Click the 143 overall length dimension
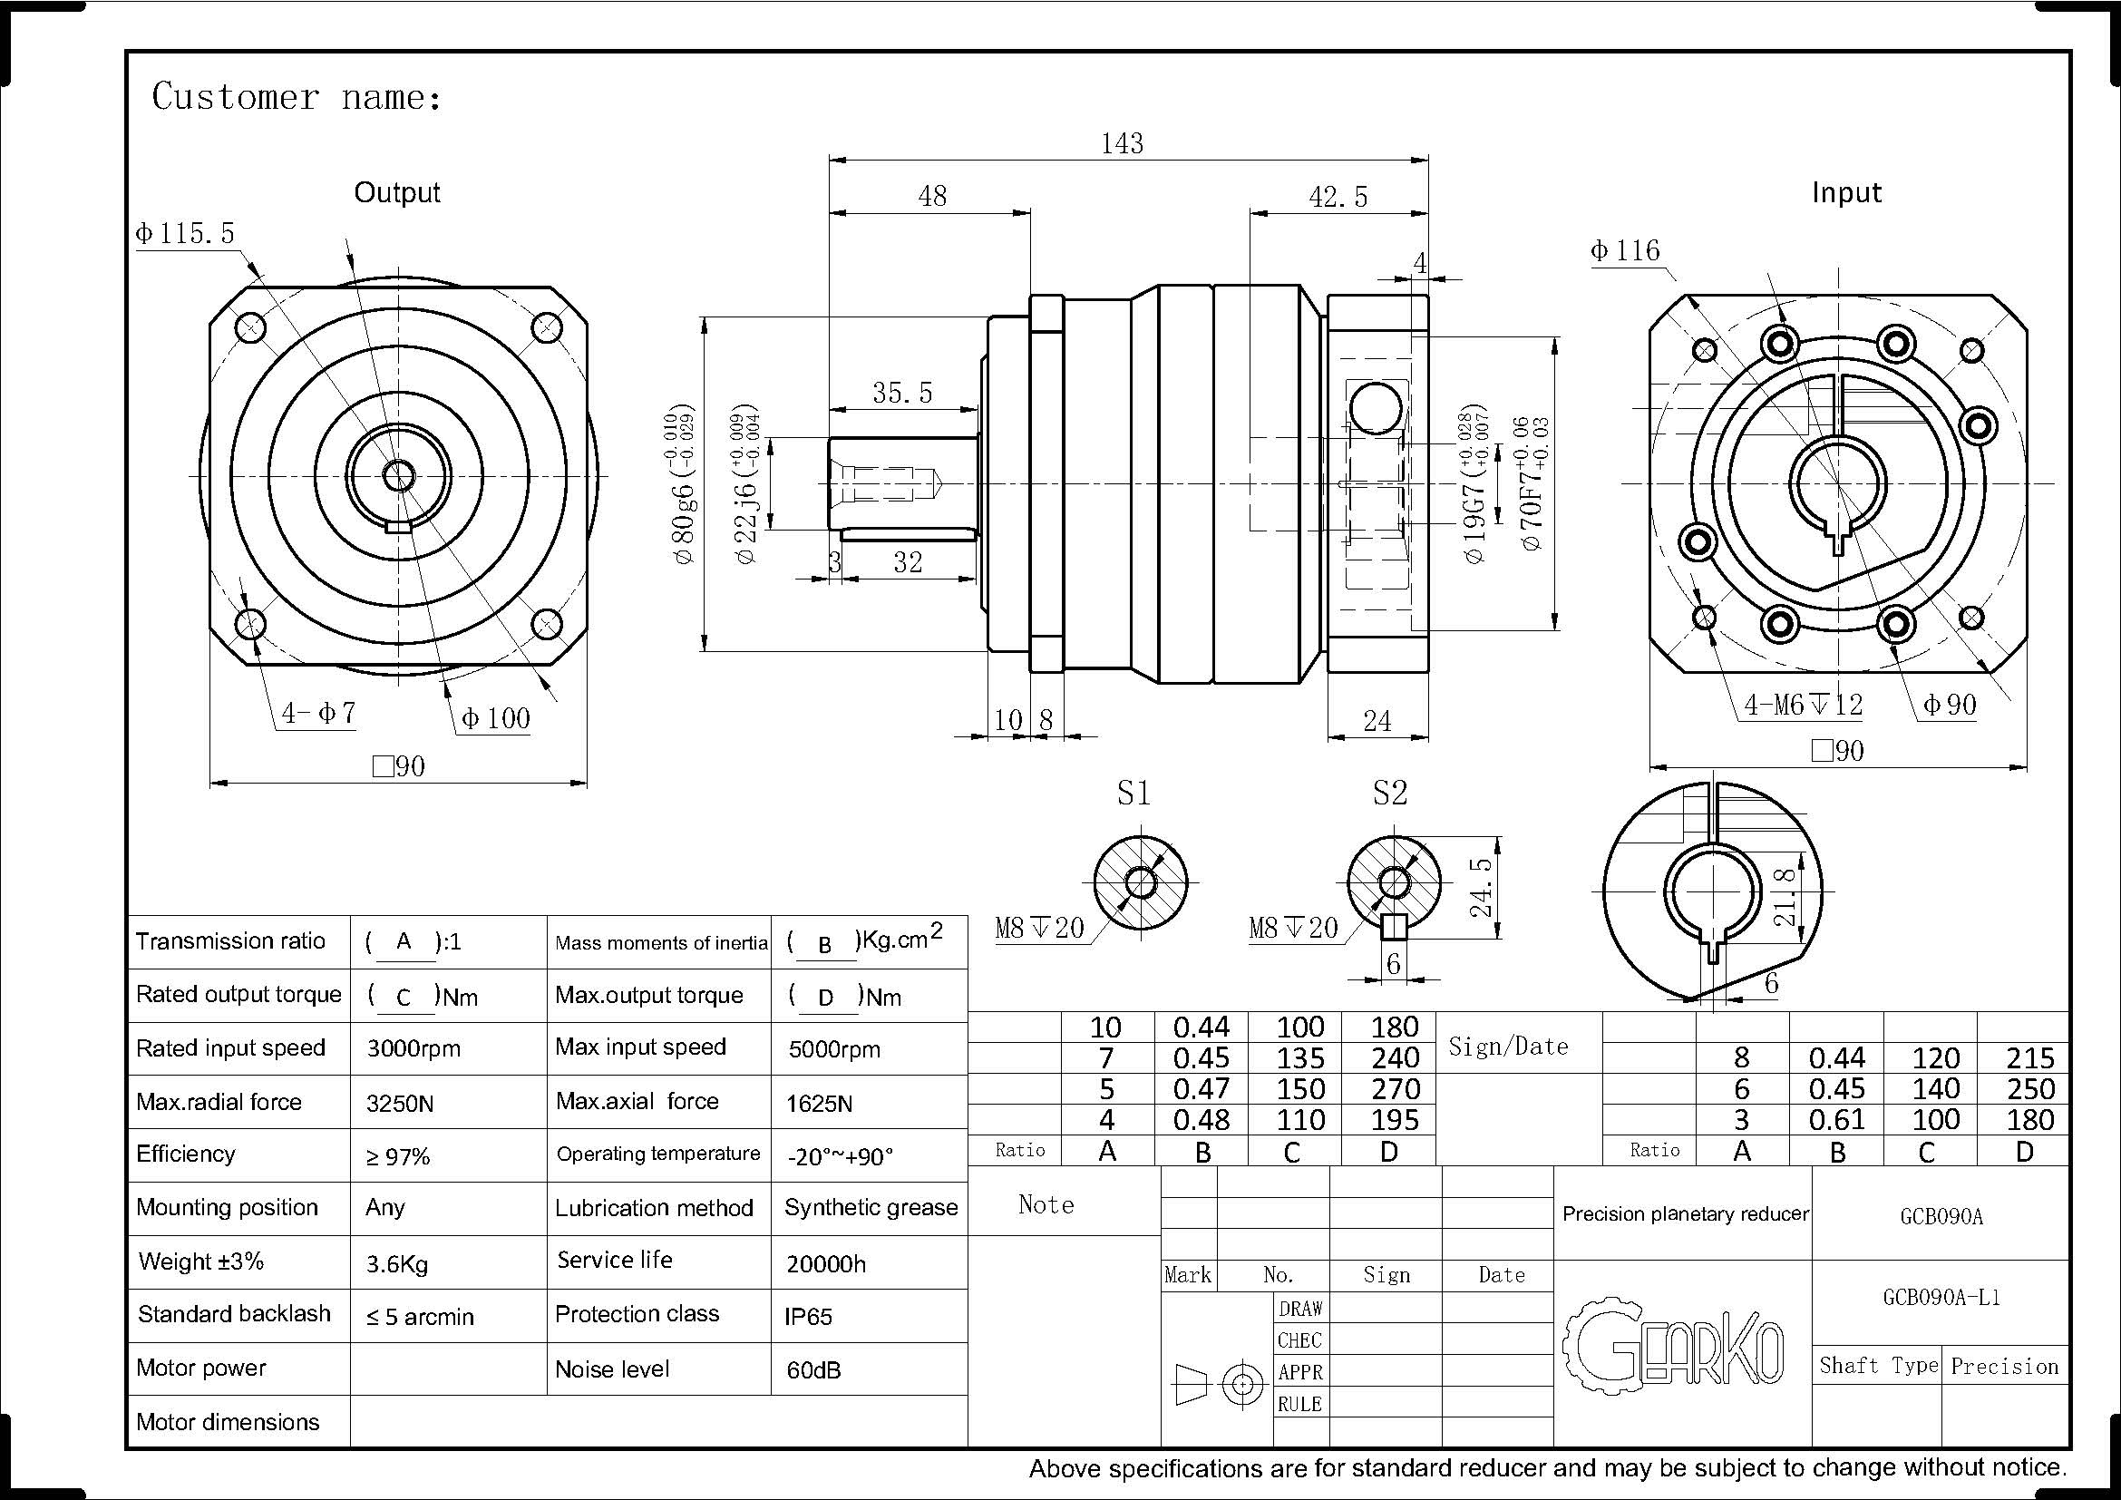click(x=1123, y=143)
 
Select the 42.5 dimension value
click(x=1338, y=197)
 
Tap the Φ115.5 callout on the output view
click(x=186, y=233)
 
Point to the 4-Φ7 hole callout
click(x=318, y=713)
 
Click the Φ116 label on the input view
click(x=1625, y=250)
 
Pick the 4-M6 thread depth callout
click(x=1803, y=705)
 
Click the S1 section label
click(x=1133, y=793)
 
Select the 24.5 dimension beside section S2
click(x=1481, y=887)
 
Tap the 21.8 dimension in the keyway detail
click(x=1785, y=897)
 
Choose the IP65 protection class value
click(x=808, y=1316)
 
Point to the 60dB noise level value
click(x=813, y=1369)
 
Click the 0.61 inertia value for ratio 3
click(x=1836, y=1119)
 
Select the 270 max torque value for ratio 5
click(x=1395, y=1089)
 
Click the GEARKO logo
click(x=1674, y=1344)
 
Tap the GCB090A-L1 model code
click(x=1941, y=1297)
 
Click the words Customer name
click(x=296, y=97)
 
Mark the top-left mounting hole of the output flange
click(x=250, y=327)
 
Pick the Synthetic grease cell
click(x=871, y=1207)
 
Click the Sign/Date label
click(x=1508, y=1047)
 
